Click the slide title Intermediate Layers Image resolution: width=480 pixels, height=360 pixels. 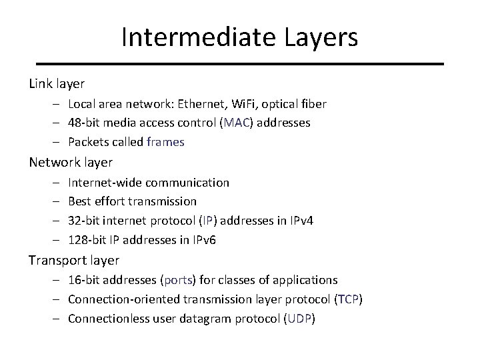239,37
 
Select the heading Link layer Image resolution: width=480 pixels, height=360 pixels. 57,84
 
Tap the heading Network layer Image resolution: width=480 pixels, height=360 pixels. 71,162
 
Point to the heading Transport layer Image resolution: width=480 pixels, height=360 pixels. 75,260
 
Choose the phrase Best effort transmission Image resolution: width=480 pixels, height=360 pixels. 133,201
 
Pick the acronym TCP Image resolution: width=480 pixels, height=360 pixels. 349,299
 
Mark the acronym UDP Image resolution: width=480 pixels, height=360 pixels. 299,318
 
